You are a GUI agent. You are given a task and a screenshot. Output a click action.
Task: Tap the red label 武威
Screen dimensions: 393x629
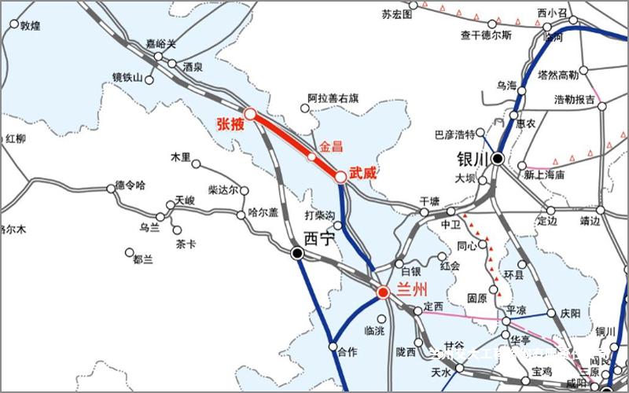point(362,172)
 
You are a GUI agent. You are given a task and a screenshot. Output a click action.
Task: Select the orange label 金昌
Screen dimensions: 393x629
point(331,146)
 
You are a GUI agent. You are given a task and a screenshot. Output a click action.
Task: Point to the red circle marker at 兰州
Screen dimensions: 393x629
point(383,292)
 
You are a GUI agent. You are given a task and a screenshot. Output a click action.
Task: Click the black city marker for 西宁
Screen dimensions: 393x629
point(297,252)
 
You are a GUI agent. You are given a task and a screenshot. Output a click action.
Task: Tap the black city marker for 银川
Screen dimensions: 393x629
point(498,159)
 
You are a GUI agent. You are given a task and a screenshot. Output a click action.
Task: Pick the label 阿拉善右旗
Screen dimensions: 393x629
point(333,99)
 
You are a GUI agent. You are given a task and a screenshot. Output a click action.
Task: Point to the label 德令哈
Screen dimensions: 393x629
point(131,185)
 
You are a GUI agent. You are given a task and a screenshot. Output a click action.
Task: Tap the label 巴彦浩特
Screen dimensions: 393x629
point(456,134)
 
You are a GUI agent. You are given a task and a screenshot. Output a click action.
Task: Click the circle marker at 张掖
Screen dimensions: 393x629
point(250,114)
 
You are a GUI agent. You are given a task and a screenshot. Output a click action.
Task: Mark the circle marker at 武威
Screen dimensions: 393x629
point(340,177)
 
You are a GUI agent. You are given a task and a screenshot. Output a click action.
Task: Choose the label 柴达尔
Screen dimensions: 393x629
point(223,189)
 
